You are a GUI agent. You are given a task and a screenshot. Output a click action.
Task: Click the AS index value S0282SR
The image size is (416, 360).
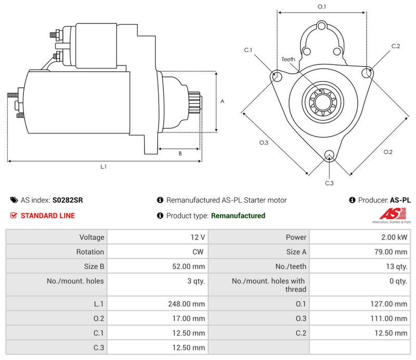click(x=68, y=200)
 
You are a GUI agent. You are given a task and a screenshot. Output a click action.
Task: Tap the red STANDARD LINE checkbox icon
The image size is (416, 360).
click(x=14, y=216)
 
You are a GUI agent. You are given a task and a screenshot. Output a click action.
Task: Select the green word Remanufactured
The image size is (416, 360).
click(x=238, y=216)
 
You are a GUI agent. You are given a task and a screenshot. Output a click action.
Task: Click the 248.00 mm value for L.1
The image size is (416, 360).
click(x=187, y=304)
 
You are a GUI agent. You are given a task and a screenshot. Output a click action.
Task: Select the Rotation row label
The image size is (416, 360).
click(x=90, y=252)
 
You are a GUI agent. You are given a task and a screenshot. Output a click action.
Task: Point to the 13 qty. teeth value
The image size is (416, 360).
click(x=397, y=266)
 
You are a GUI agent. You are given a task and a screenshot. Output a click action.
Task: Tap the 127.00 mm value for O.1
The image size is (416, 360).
click(x=388, y=304)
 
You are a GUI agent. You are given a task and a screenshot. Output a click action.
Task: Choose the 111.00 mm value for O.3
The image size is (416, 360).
click(x=388, y=318)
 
